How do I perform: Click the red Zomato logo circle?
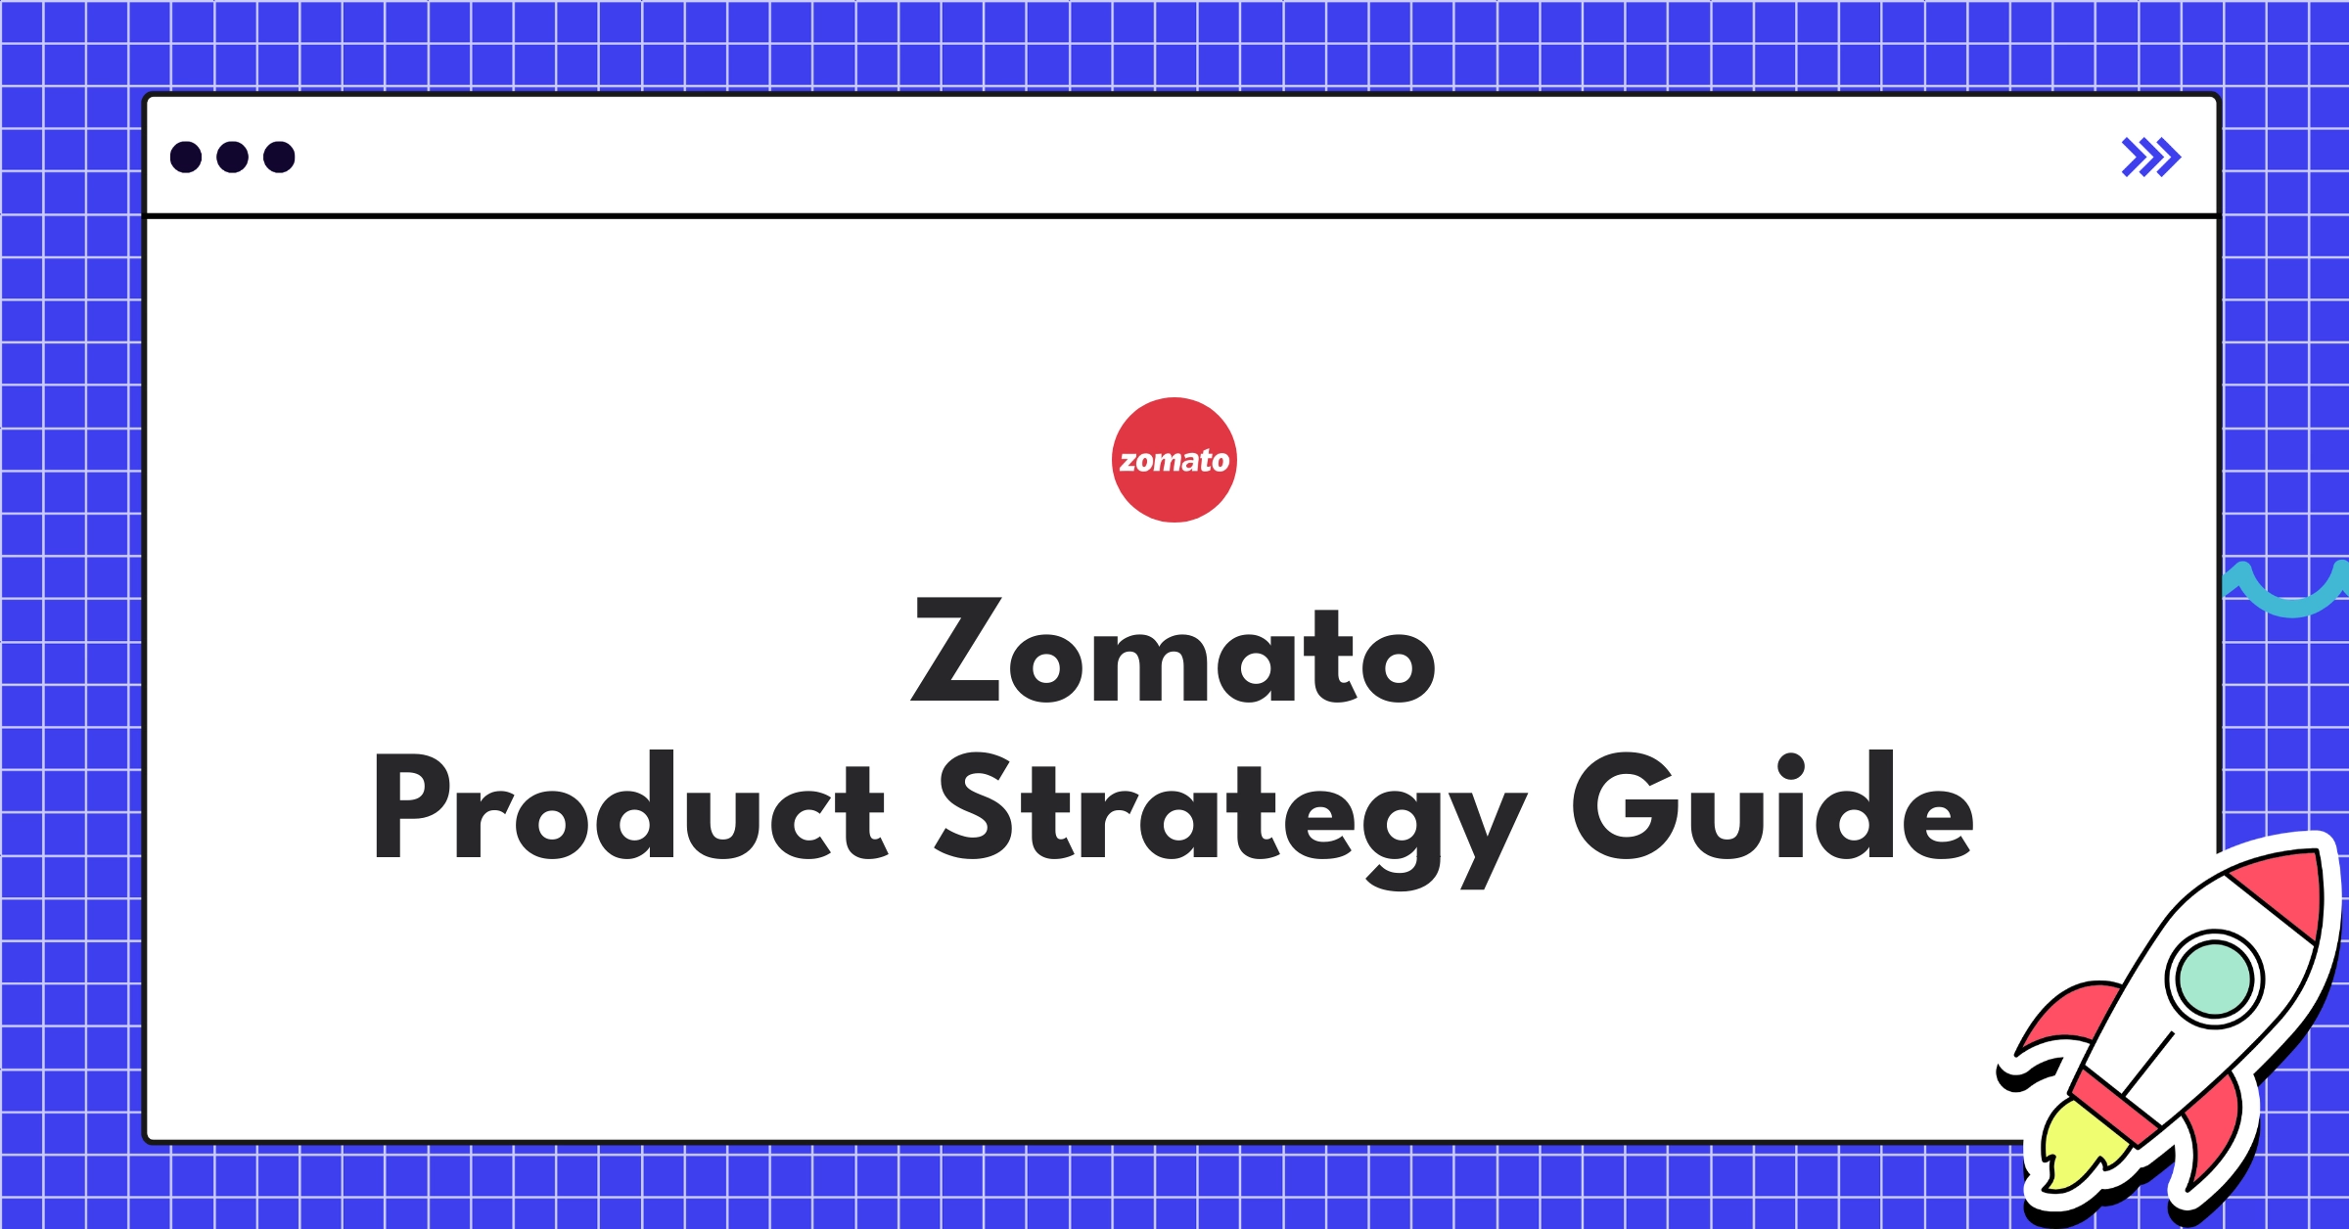click(1174, 460)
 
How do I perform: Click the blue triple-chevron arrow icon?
click(2150, 158)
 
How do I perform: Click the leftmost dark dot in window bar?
click(186, 158)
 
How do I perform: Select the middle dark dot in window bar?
click(232, 158)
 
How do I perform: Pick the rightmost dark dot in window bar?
click(279, 158)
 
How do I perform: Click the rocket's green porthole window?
click(2214, 978)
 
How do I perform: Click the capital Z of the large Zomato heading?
click(956, 650)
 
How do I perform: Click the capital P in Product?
click(411, 806)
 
